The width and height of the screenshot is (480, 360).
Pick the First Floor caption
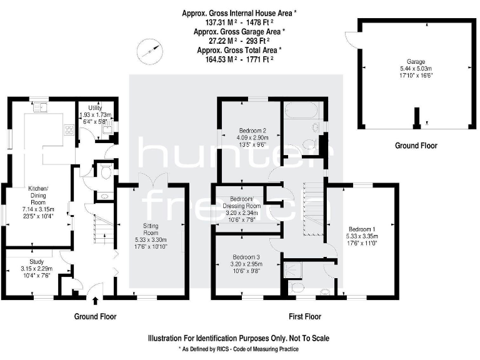pos(304,317)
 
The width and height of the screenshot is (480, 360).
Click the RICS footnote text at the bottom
pos(239,349)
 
